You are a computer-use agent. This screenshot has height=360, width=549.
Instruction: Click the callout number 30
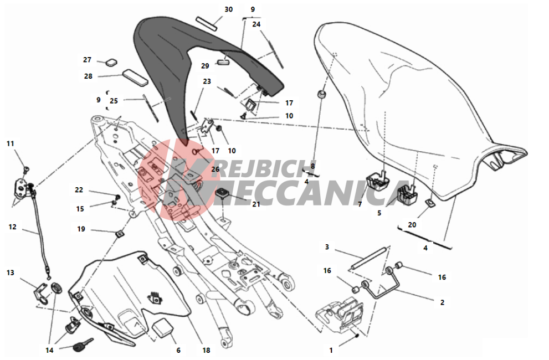(229, 9)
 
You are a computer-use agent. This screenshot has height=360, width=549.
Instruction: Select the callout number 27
(87, 60)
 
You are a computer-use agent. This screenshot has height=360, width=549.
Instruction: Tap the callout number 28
(88, 76)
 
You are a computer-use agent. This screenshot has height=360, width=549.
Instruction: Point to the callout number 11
(11, 143)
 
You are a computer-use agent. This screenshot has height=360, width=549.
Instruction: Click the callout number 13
(11, 272)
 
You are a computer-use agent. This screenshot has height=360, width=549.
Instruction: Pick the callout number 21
(256, 204)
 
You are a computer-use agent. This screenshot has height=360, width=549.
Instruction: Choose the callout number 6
(178, 350)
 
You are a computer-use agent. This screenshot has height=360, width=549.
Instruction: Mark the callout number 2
(442, 302)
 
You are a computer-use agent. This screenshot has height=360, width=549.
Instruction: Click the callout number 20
(412, 225)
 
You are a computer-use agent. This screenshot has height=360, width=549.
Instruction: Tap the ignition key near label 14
(83, 345)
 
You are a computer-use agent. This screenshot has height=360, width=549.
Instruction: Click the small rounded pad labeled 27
(112, 63)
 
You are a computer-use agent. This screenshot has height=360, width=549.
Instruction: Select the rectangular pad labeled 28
(135, 78)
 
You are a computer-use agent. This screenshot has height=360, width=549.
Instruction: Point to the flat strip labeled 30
(207, 23)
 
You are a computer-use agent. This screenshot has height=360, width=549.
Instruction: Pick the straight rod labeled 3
(369, 259)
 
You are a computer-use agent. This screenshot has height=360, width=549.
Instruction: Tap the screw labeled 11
(25, 170)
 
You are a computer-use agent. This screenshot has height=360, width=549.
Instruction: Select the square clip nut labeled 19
(120, 233)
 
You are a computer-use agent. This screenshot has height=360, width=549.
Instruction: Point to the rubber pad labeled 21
(222, 193)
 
